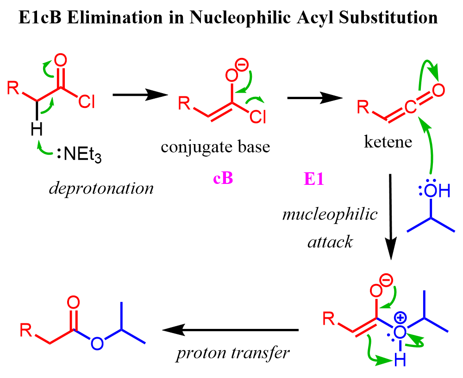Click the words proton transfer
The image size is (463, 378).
[x=233, y=353]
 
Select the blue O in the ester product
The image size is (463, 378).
[x=97, y=343]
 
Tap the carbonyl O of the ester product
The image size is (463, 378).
[x=73, y=303]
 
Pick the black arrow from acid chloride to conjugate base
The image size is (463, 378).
[x=139, y=95]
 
